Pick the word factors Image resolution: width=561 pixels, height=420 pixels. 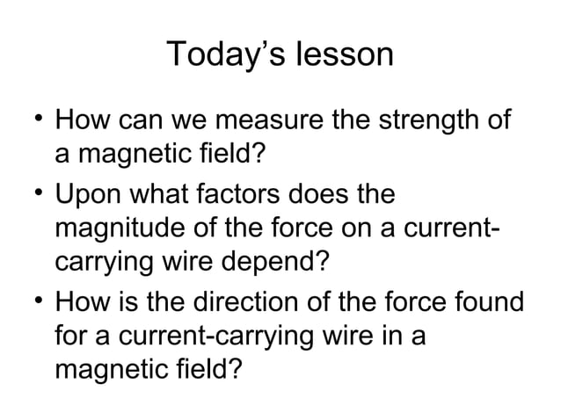point(264,192)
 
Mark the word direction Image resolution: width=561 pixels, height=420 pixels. point(244,299)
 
